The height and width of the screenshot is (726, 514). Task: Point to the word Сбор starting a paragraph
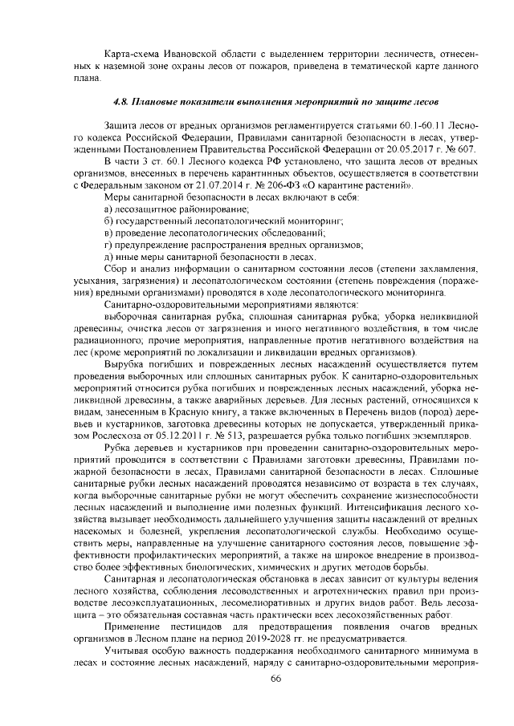(x=119, y=269)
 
